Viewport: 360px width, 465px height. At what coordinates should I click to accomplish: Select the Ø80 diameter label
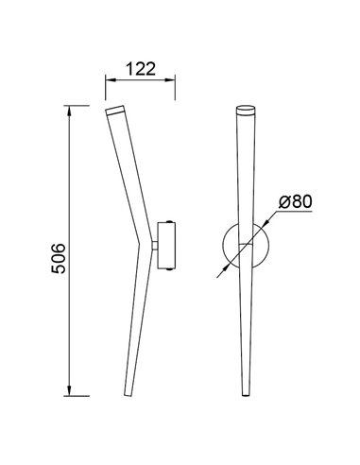tap(296, 200)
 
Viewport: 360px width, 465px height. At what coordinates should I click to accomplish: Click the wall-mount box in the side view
tap(167, 244)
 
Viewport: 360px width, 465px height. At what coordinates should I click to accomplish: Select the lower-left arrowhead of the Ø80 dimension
tap(224, 267)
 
